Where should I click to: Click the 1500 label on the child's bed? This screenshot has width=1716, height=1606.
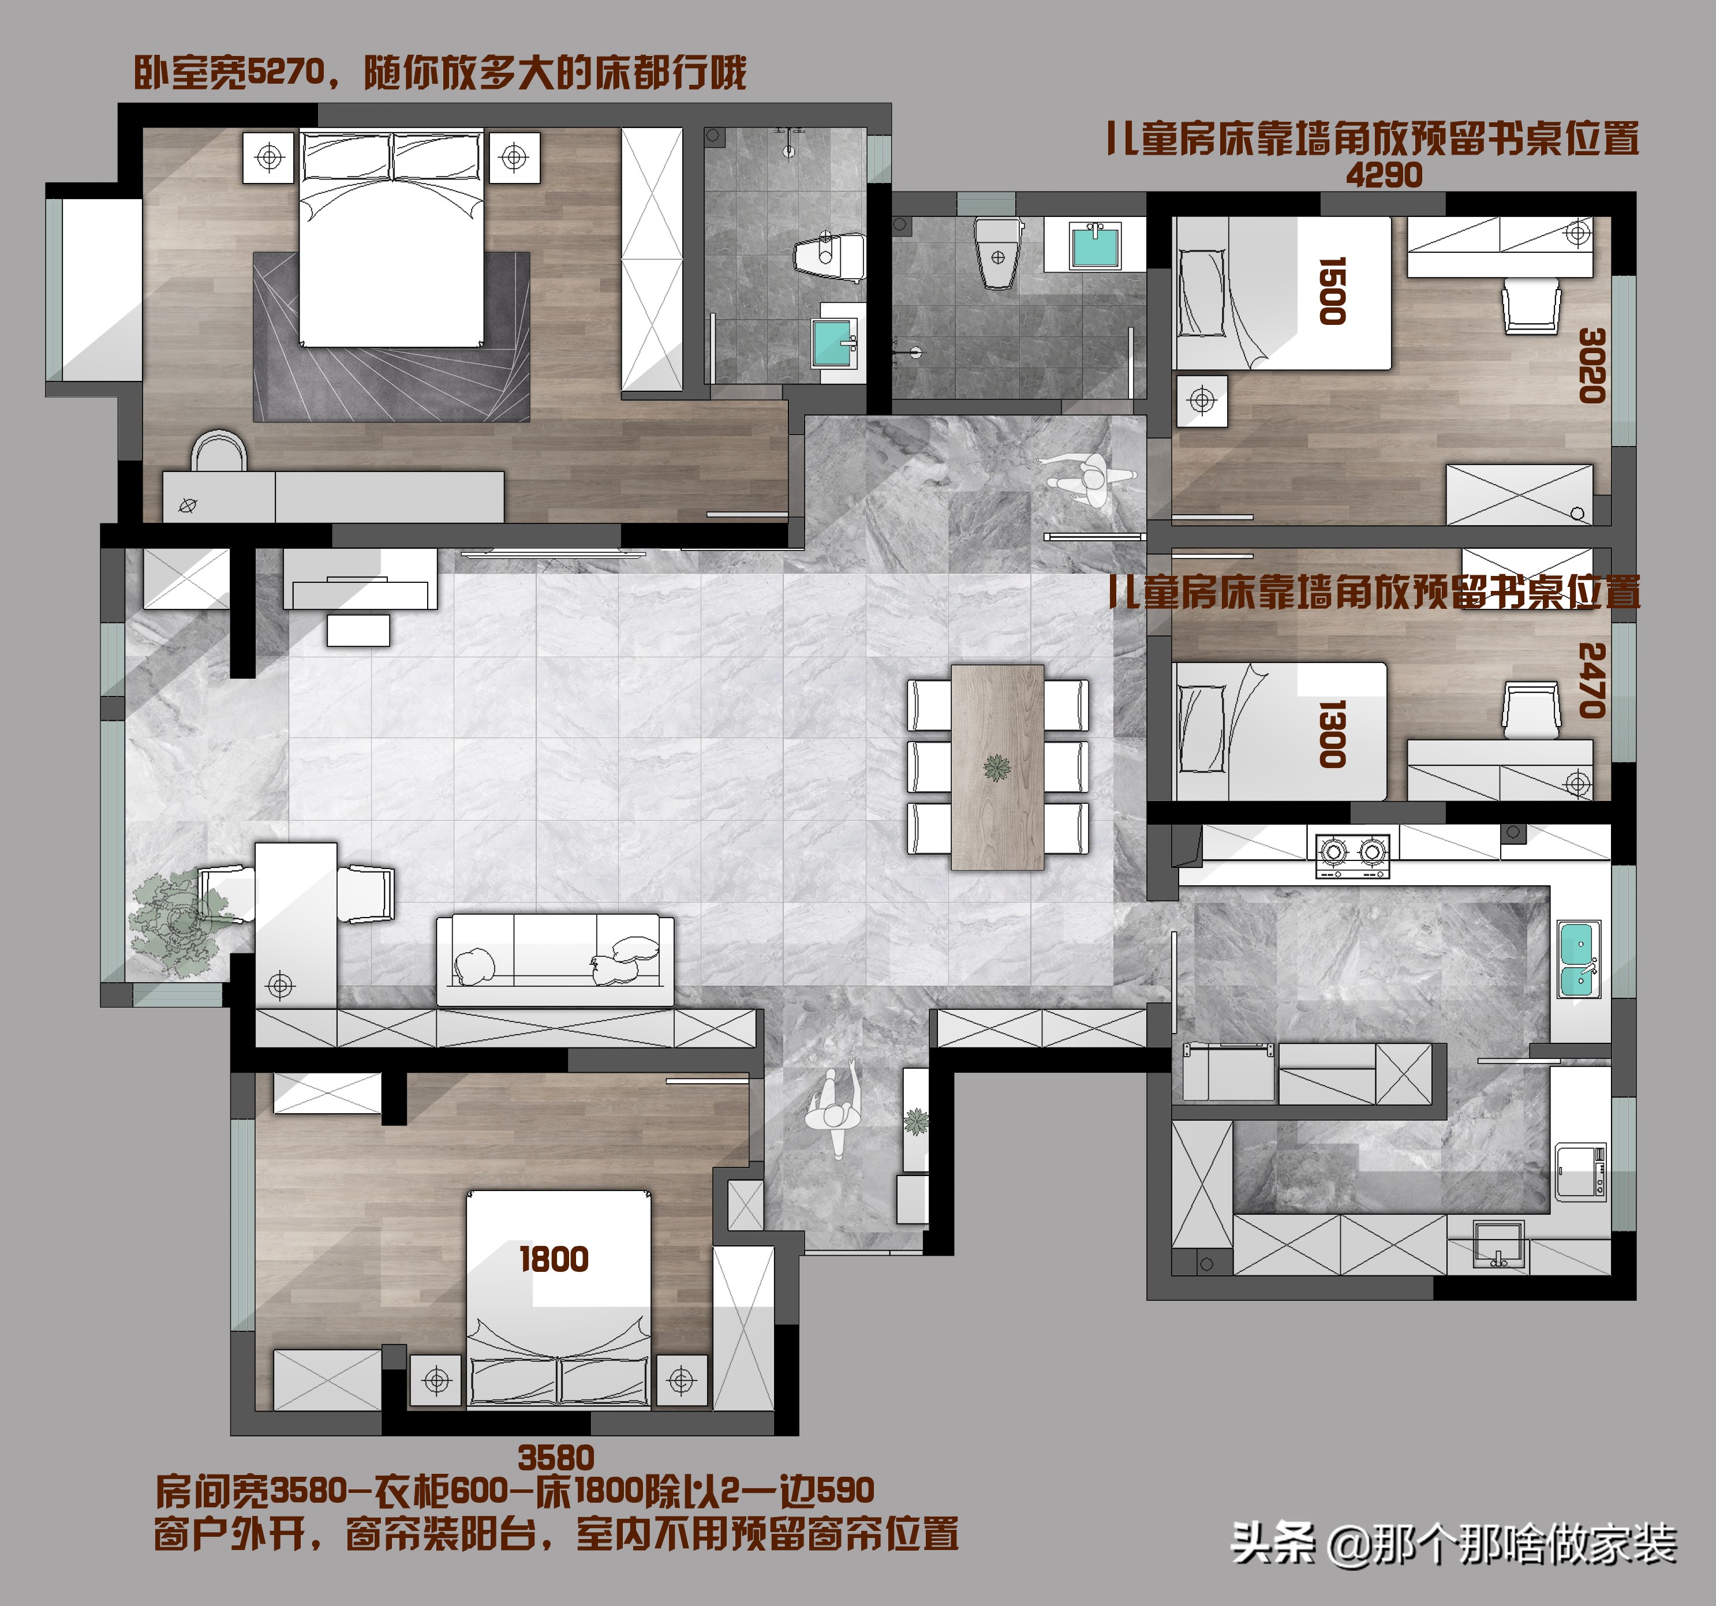[x=1332, y=291]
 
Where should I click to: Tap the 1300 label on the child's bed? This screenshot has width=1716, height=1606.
[x=1332, y=735]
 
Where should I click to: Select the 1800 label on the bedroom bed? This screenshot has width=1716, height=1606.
[x=554, y=1260]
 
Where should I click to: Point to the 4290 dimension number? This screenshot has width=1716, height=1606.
[x=1384, y=175]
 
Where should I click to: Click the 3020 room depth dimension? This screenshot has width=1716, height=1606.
[x=1592, y=365]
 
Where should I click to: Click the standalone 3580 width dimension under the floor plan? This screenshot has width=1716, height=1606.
[x=556, y=1458]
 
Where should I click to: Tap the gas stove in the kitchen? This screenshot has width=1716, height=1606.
[x=1352, y=854]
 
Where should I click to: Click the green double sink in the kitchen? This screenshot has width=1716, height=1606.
[x=1579, y=959]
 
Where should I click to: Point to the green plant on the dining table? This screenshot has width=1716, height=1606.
[x=997, y=766]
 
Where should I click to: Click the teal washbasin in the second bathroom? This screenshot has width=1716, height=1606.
[x=1094, y=246]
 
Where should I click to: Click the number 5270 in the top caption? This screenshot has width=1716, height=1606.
[x=286, y=73]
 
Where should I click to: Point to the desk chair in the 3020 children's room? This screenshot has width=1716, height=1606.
[x=1531, y=305]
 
